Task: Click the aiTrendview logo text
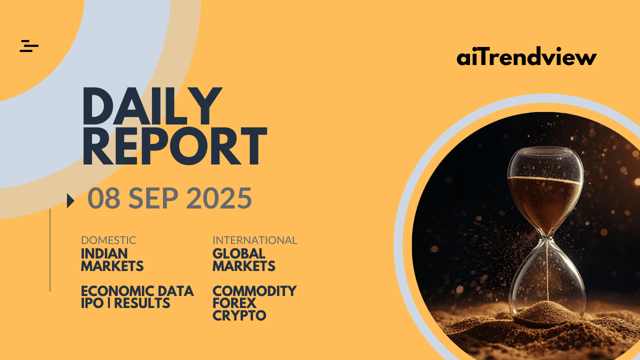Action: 526,56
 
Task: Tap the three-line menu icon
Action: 29,46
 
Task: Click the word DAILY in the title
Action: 152,106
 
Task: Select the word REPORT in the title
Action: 174,146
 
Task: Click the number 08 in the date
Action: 104,198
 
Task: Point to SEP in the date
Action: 153,198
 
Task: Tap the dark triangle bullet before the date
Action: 70,201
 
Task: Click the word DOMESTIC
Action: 108,240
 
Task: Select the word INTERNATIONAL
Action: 255,240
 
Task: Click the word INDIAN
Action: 104,253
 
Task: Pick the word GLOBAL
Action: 239,253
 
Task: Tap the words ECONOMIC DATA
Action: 137,291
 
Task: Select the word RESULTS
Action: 142,303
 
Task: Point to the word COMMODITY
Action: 254,291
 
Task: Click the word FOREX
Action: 234,303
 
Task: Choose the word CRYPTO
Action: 239,315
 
